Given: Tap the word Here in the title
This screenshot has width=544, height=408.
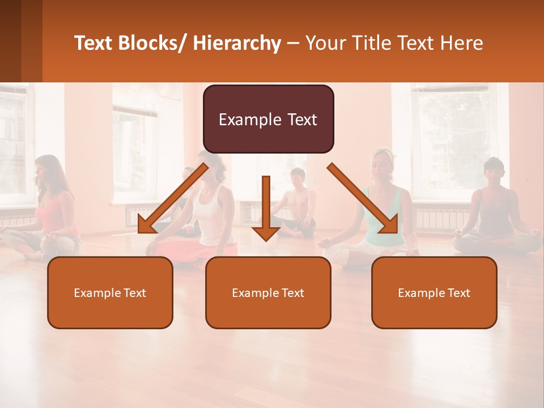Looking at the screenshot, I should click(x=462, y=43).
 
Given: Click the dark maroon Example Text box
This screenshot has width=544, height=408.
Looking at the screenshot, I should click(x=268, y=120).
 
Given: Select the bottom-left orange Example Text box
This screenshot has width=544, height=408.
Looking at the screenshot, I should click(x=110, y=293).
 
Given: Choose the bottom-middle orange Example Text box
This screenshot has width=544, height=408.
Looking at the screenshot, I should click(x=268, y=293).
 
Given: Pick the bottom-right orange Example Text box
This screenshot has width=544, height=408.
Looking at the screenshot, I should click(x=434, y=293).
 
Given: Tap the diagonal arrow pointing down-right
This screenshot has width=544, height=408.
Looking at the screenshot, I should click(x=363, y=198).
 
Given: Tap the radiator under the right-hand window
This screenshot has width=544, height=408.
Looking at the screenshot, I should click(x=442, y=218).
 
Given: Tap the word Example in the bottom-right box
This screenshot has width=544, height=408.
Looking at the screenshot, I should click(x=416, y=293).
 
